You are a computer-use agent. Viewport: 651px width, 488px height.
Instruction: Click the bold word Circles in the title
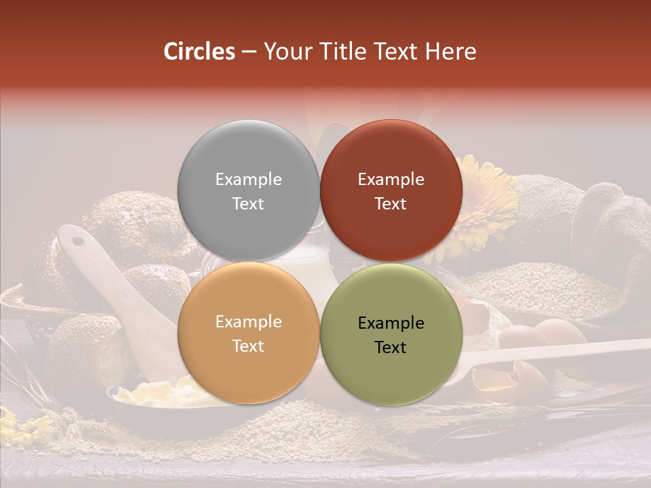click(x=199, y=52)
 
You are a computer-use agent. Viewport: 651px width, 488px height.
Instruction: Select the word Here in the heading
click(x=450, y=52)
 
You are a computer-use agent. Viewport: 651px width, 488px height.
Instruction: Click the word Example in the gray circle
click(x=248, y=179)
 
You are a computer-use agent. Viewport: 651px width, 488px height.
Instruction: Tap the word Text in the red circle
click(x=391, y=203)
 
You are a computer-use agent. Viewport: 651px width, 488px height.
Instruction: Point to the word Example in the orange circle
click(x=248, y=321)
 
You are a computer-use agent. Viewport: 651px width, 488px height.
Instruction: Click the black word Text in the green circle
click(x=391, y=347)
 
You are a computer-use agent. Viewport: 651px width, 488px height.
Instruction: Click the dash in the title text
click(x=249, y=52)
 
